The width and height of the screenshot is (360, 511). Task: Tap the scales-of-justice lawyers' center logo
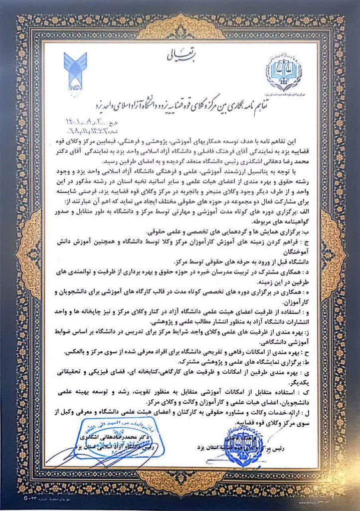coord(284,72)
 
